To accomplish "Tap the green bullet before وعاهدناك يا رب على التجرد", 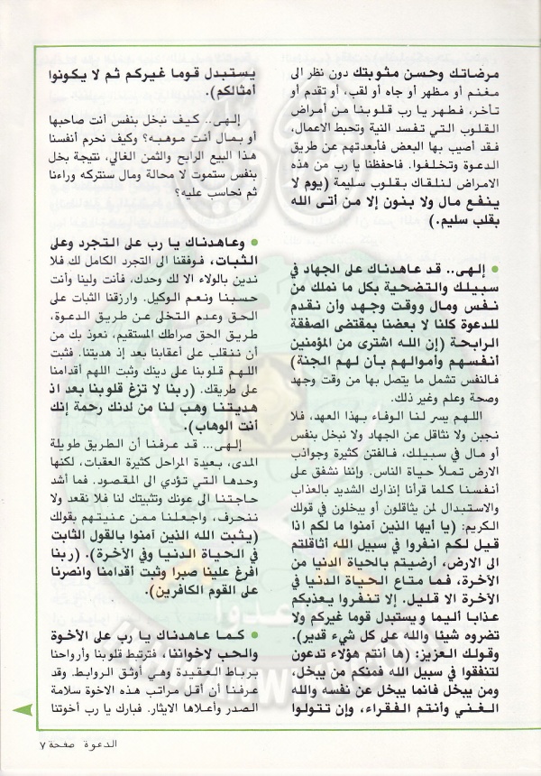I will [x=256, y=243].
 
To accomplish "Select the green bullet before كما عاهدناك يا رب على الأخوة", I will [x=256, y=663].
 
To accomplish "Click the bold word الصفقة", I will [x=316, y=330].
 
